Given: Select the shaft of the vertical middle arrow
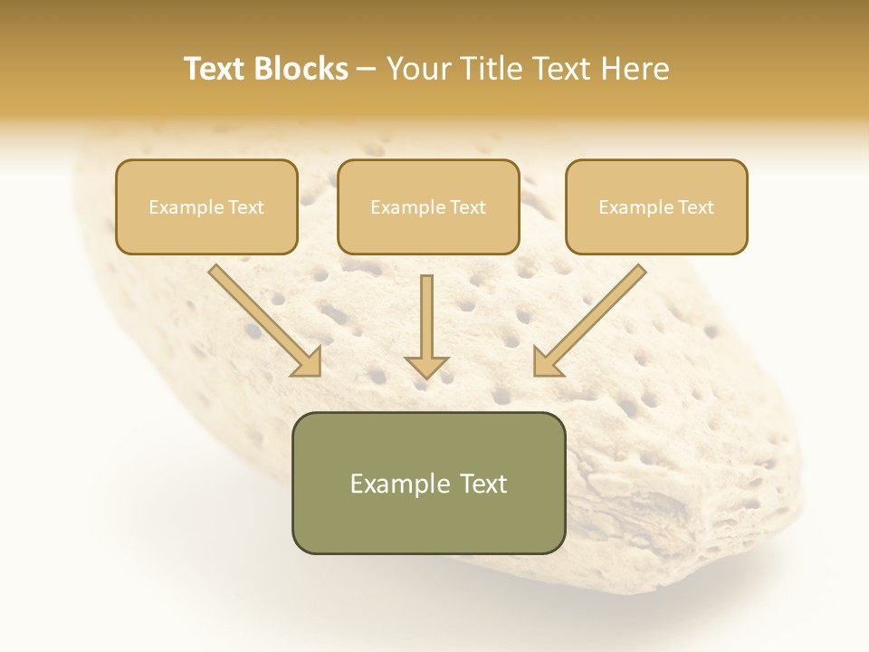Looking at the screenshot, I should coord(426,313).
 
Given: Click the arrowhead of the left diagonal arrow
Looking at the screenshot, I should coord(309,362).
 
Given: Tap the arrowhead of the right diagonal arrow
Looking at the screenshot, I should coord(546,362).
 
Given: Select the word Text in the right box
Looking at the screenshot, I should coord(695,207).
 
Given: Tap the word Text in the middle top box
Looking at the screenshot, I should coord(468,207).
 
